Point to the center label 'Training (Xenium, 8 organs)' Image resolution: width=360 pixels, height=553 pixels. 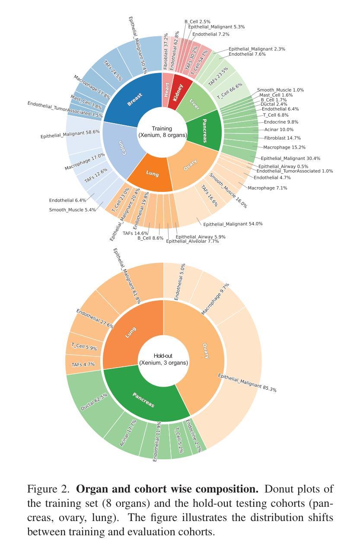click(162, 132)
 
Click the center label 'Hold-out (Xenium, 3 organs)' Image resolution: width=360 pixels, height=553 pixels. click(163, 359)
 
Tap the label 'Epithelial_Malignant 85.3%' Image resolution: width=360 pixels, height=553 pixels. click(247, 383)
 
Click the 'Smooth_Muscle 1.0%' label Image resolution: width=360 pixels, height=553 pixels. click(280, 90)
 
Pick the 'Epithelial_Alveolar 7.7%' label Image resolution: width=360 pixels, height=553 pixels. click(192, 241)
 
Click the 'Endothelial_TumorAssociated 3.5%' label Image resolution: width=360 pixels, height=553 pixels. click(65, 109)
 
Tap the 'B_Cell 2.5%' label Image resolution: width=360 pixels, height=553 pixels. click(198, 22)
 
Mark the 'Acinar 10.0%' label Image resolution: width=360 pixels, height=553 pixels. click(279, 130)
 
